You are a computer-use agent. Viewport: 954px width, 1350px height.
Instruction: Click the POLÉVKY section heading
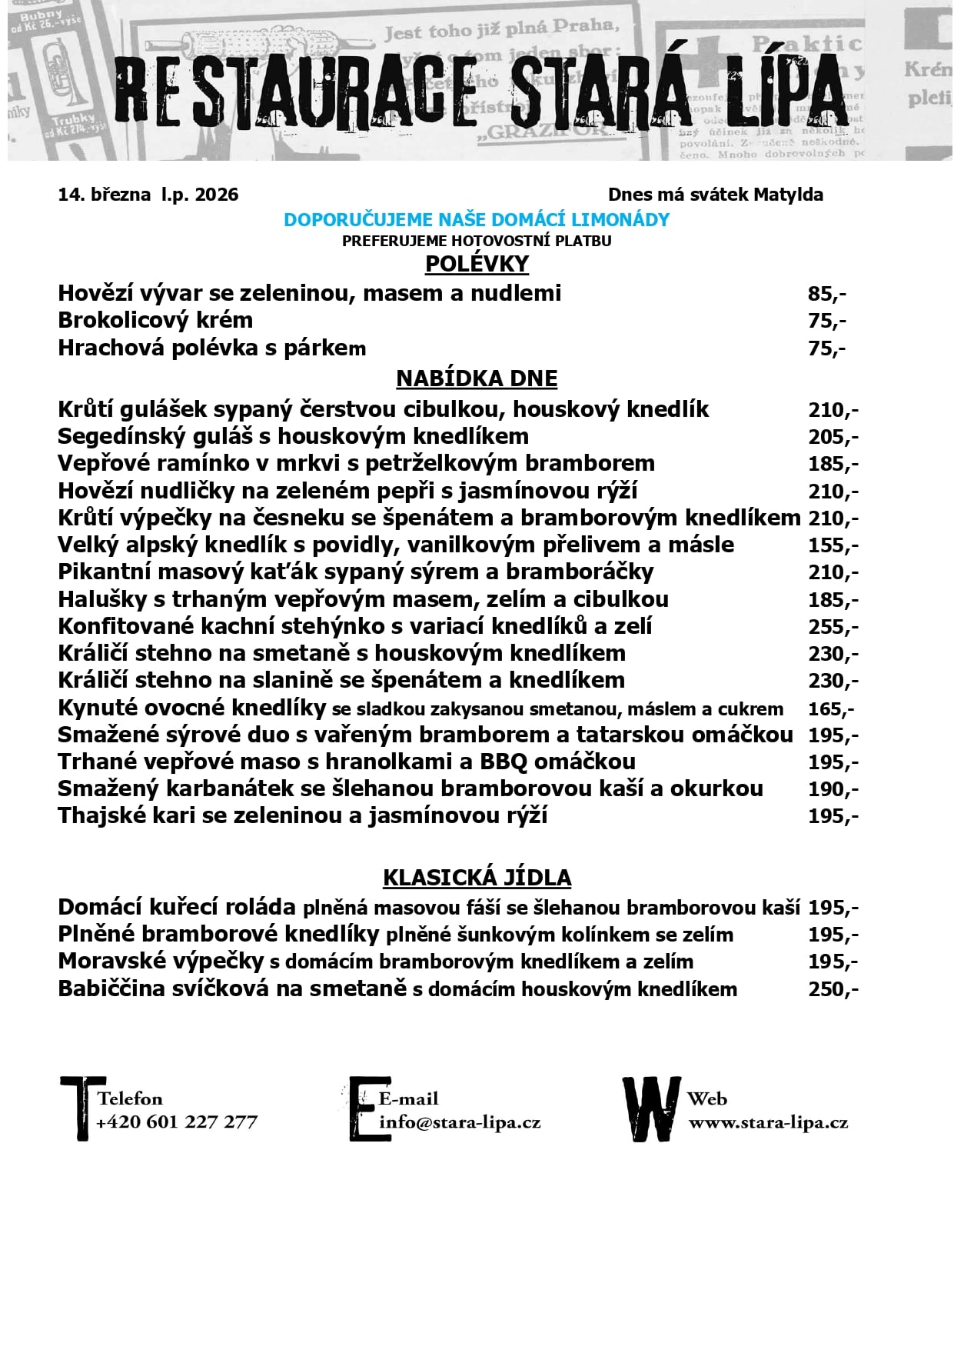(477, 264)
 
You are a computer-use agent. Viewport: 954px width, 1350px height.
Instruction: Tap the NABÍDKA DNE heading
(477, 378)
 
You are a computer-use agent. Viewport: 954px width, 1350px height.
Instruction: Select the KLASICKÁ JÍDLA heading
(477, 878)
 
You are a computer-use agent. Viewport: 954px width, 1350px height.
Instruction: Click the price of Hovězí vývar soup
(826, 294)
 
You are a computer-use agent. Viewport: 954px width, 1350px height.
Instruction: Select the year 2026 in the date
(217, 195)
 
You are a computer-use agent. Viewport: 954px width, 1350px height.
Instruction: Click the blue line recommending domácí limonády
(477, 220)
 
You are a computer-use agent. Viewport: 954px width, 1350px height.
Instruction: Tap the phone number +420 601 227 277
(177, 1122)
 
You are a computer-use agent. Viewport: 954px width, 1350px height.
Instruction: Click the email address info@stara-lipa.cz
(460, 1122)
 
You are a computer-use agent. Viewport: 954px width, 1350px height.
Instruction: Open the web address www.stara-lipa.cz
(768, 1122)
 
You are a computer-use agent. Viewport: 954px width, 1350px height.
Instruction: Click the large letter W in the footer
(651, 1108)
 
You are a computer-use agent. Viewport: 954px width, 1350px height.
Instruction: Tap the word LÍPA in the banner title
(784, 92)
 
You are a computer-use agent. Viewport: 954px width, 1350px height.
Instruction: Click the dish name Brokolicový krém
(155, 321)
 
